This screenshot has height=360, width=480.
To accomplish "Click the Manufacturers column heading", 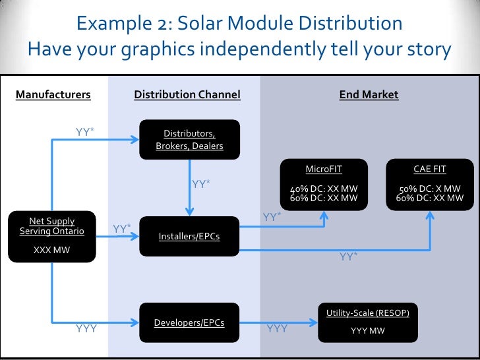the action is (53, 94).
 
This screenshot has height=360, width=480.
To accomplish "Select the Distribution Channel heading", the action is (187, 94).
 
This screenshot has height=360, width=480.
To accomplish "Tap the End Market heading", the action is (369, 94).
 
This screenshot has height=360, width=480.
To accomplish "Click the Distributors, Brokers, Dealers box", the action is (189, 139).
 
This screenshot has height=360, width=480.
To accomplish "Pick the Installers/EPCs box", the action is (189, 235).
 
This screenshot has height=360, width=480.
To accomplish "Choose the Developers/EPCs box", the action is (189, 322).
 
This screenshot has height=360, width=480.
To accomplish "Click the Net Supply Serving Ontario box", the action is (51, 235).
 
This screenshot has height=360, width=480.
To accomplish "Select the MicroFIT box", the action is (324, 181).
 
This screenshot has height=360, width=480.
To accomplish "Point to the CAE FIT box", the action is (429, 181).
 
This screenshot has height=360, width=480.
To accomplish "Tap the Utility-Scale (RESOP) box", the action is (368, 322).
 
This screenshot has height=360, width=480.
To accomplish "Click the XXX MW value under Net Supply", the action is (51, 251).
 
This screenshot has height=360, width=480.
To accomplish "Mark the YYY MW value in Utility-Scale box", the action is (368, 330).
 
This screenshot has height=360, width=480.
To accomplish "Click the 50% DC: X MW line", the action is (429, 187).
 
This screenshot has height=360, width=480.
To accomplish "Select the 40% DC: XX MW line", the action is (324, 187).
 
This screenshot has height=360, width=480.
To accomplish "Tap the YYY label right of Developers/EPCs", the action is (277, 328).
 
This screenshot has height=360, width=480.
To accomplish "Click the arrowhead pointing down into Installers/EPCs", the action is (190, 212).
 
